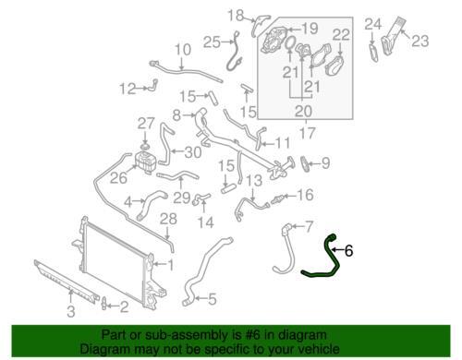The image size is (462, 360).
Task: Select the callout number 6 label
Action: tap(348, 251)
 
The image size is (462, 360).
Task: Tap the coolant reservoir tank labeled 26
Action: tap(145, 162)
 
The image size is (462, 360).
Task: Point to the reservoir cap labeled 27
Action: tap(145, 146)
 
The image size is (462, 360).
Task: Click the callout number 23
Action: tap(420, 41)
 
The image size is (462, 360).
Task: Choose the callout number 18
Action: tap(237, 15)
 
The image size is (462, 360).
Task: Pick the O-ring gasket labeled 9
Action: tap(304, 164)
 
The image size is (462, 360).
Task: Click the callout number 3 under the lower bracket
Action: tap(71, 311)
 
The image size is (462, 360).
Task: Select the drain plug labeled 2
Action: tap(104, 303)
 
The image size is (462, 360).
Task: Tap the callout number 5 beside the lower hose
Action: tap(213, 298)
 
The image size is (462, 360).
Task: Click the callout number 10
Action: tap(183, 50)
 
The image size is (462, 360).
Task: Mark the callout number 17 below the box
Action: tap(307, 133)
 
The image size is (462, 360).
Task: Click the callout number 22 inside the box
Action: tap(341, 35)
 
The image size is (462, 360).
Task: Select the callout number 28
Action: tap(168, 219)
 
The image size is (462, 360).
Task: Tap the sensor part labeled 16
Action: tap(278, 199)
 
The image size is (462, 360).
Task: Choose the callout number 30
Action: tap(193, 152)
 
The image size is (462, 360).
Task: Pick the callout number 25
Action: tap(212, 42)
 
